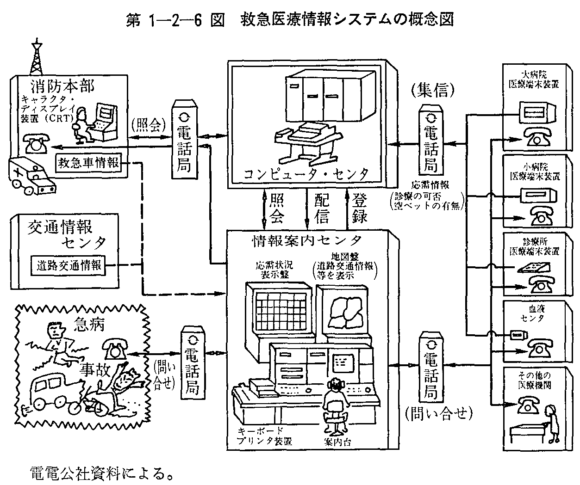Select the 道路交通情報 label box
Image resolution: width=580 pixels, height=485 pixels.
click(69, 265)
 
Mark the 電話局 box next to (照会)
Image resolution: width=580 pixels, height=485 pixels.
click(184, 139)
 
